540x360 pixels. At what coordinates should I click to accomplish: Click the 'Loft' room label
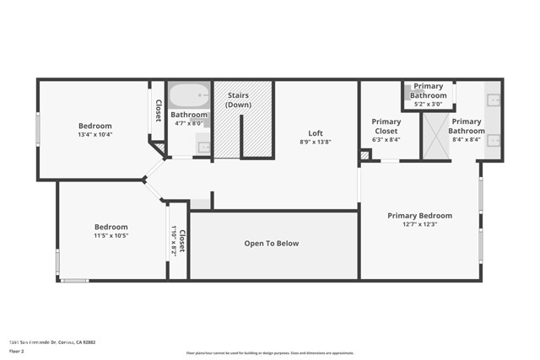click(316, 133)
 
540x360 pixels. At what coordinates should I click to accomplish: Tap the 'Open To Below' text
click(272, 244)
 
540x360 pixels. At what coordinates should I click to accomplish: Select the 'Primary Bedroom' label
click(420, 216)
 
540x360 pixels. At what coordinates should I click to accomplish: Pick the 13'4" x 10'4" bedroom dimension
click(95, 135)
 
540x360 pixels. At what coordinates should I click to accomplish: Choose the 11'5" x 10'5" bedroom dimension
click(111, 236)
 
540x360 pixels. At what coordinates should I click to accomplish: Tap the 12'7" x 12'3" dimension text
click(420, 224)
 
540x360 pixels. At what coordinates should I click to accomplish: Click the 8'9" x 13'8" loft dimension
click(316, 142)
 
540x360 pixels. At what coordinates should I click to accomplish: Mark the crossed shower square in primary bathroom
click(437, 137)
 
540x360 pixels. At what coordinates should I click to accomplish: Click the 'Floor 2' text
click(18, 351)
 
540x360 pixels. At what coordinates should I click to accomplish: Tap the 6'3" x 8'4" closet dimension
click(386, 140)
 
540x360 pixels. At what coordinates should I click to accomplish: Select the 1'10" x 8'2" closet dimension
click(173, 241)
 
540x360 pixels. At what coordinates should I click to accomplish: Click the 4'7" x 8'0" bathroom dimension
click(188, 123)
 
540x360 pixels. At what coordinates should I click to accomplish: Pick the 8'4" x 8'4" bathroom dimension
click(467, 140)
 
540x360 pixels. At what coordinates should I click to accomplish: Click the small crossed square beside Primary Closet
click(364, 155)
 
